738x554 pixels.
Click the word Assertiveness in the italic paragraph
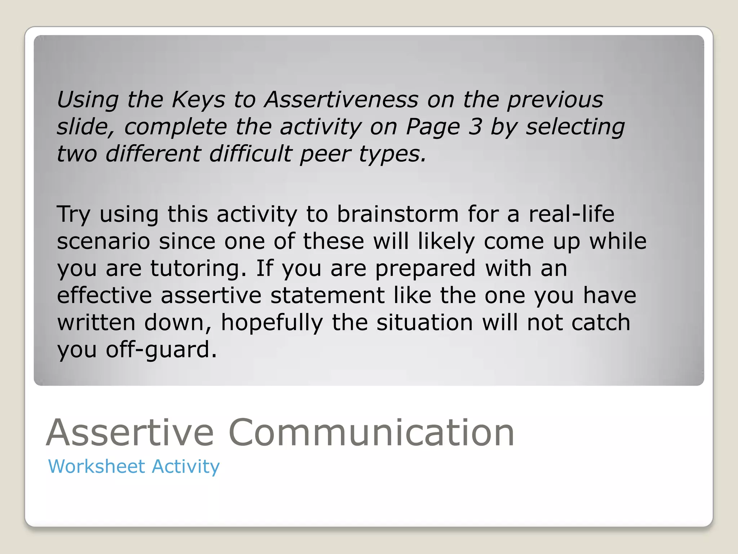[341, 100]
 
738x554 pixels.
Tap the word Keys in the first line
[198, 100]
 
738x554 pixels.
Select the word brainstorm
[397, 214]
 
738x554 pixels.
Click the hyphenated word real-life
[571, 214]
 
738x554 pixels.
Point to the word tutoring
[198, 268]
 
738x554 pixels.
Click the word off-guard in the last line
[161, 349]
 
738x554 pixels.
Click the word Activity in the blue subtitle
[186, 466]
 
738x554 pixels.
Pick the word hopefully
[272, 322]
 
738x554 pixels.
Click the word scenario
[103, 241]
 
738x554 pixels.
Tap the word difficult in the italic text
[250, 154]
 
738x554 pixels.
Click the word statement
[327, 295]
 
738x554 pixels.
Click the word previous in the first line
[555, 100]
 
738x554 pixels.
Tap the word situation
[424, 322]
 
